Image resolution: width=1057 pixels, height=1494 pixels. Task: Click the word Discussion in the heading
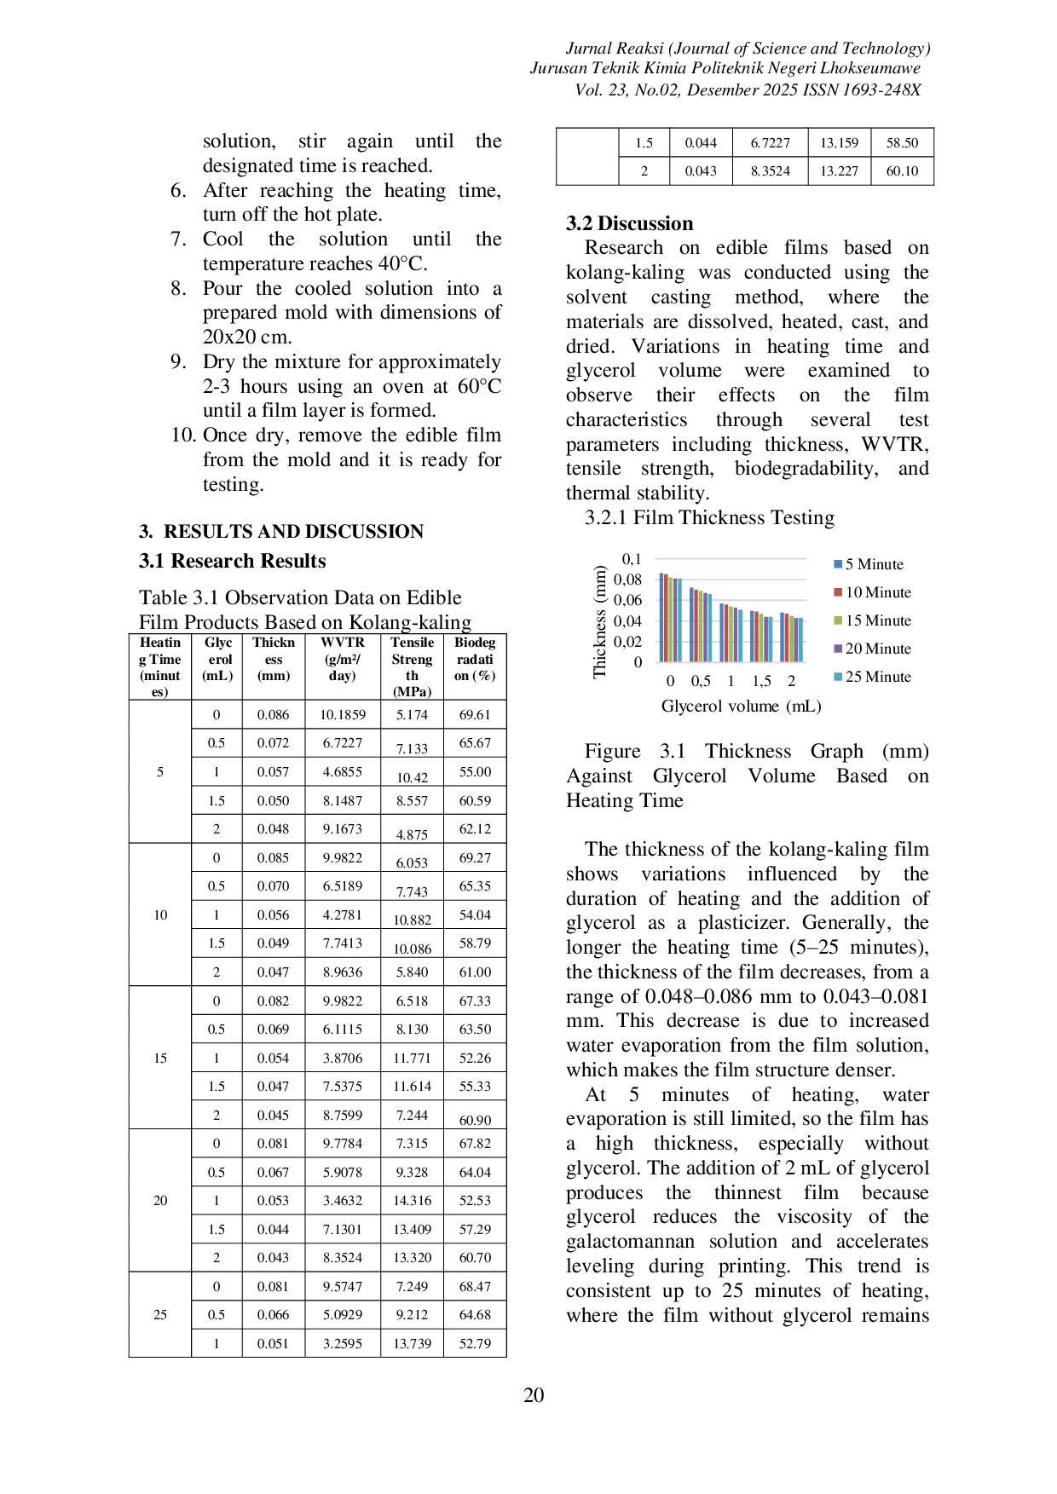click(645, 224)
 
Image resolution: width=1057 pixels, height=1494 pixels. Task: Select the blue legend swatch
click(838, 565)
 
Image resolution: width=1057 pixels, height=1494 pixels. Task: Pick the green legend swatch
click(838, 620)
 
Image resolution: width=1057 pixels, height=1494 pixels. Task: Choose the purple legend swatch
click(838, 649)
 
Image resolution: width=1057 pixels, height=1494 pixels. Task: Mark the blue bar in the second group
click(692, 624)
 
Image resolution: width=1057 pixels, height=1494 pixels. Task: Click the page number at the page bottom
click(532, 1393)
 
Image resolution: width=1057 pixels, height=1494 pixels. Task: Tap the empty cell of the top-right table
click(585, 157)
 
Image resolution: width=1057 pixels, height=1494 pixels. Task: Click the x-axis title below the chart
click(743, 706)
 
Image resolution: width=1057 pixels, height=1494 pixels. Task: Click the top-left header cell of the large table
click(159, 666)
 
